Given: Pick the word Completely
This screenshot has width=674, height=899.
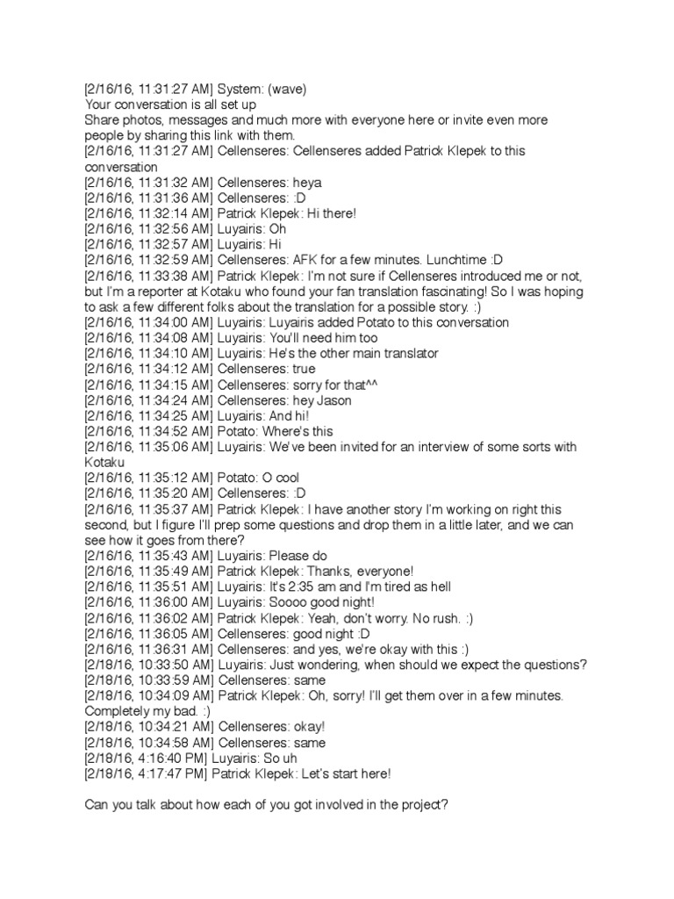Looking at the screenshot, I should tap(119, 711).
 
